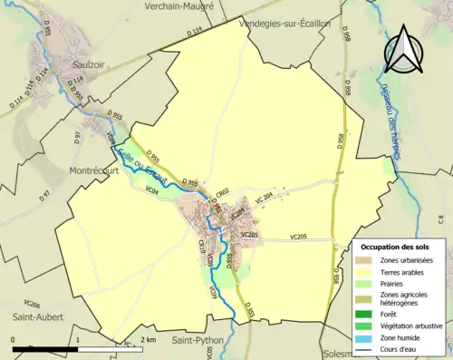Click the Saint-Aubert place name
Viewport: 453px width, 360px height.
[x=31, y=316]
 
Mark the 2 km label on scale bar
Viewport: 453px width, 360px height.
[x=150, y=339]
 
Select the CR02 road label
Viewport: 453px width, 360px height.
[x=222, y=193]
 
